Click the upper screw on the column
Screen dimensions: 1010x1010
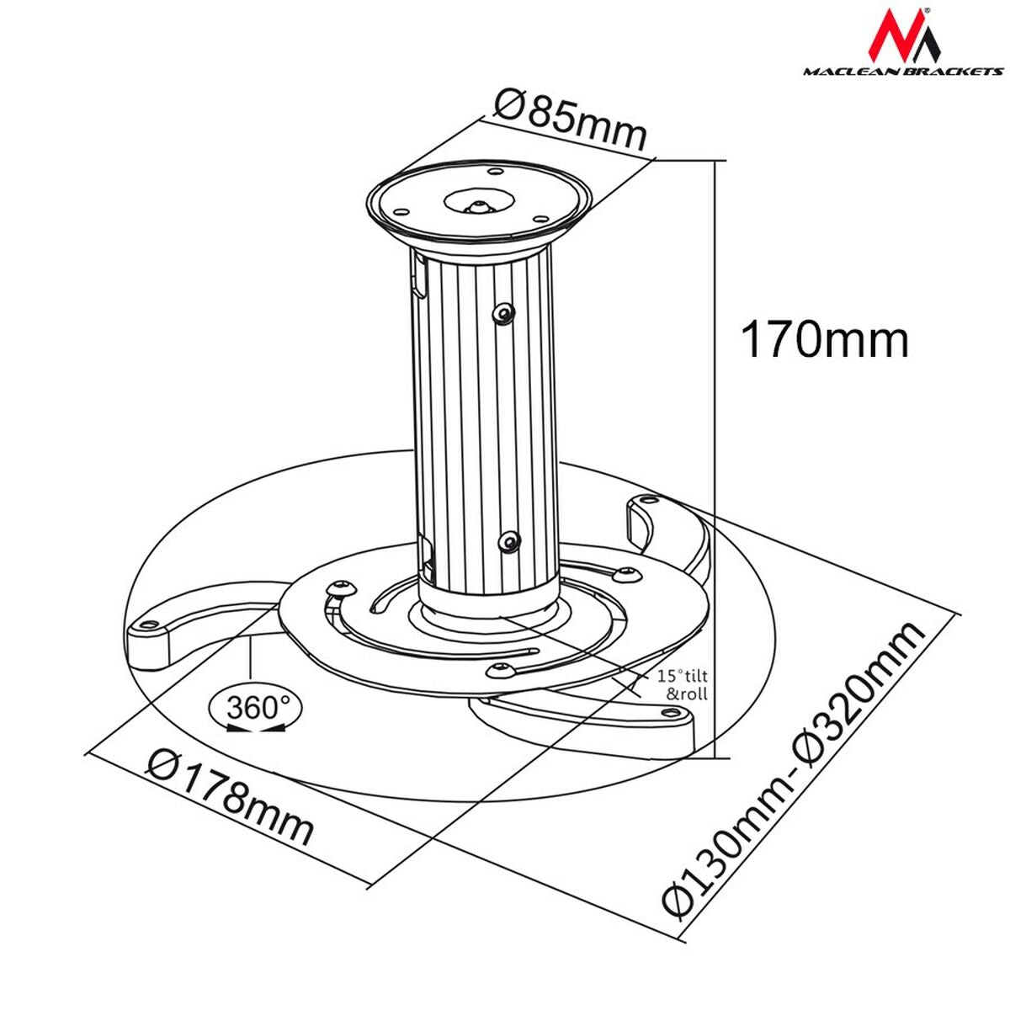click(503, 314)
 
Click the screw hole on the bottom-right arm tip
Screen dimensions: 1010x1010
click(671, 714)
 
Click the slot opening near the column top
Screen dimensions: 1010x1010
click(418, 278)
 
